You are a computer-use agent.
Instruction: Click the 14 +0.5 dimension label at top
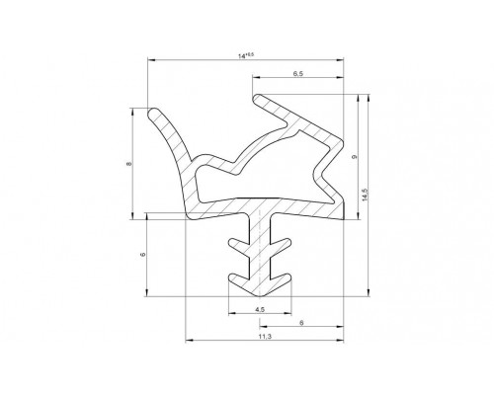pyautogui.click(x=246, y=56)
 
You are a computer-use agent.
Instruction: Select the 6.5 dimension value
pyautogui.click(x=298, y=73)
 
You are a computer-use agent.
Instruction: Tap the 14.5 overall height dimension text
pyautogui.click(x=364, y=195)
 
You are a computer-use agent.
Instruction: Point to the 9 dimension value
pyautogui.click(x=355, y=157)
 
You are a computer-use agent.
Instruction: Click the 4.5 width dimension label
pyautogui.click(x=260, y=309)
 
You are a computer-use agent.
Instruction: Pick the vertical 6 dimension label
pyautogui.click(x=142, y=255)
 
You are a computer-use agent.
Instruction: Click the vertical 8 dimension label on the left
pyautogui.click(x=128, y=164)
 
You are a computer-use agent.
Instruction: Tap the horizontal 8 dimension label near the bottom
pyautogui.click(x=301, y=323)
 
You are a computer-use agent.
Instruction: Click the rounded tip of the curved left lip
pyautogui.click(x=152, y=114)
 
